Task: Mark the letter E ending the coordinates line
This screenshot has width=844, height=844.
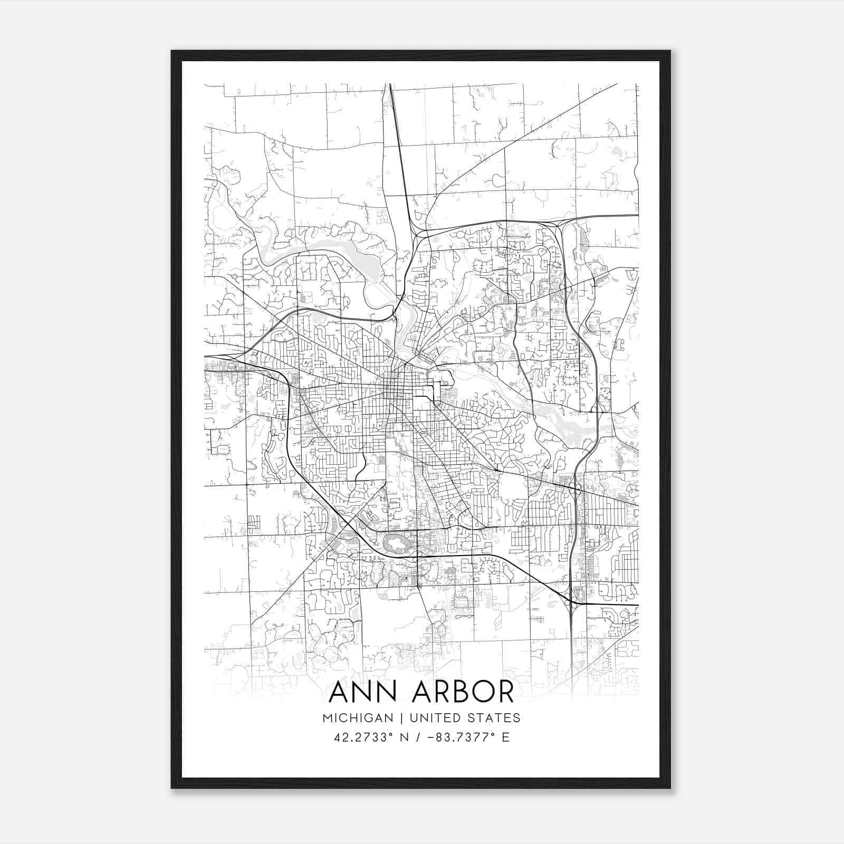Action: (506, 737)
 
